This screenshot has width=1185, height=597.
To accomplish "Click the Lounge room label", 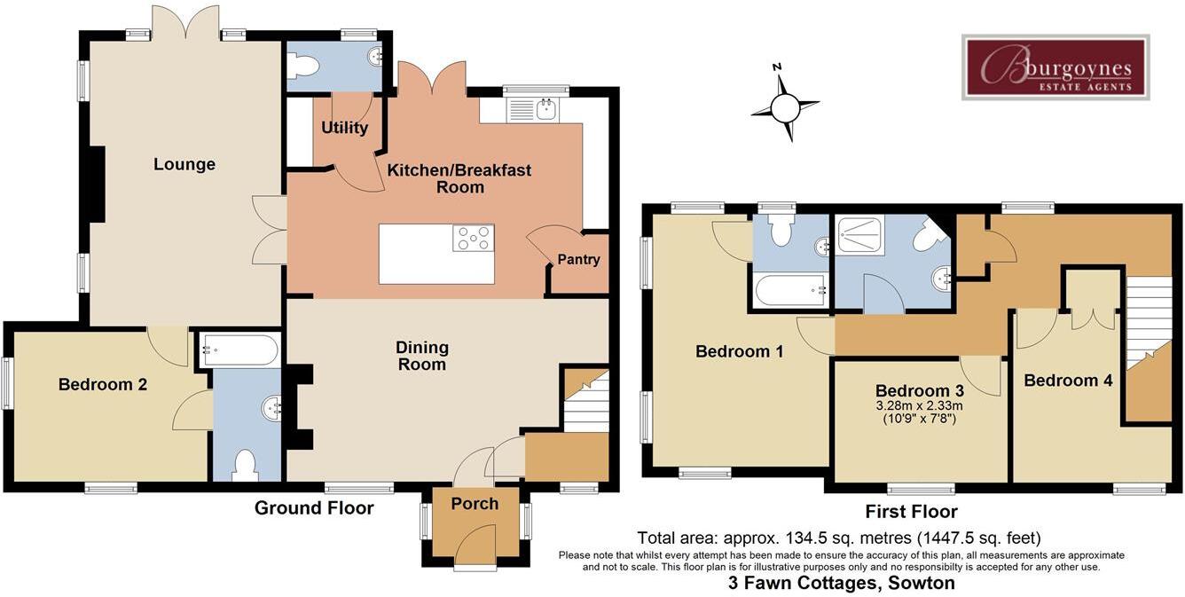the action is (x=184, y=164).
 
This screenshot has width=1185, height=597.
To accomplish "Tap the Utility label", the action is (x=344, y=128).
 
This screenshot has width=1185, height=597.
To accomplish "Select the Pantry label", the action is (x=578, y=259).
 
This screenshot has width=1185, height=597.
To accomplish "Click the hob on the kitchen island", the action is (x=474, y=238).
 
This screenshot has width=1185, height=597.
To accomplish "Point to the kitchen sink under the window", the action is (x=532, y=110).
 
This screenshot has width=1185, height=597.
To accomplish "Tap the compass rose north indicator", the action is (x=777, y=67).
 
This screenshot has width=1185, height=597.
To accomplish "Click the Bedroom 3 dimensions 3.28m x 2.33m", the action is (x=920, y=406).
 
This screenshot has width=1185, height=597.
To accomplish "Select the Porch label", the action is (x=475, y=503).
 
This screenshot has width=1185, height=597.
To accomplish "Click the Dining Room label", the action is (x=422, y=356).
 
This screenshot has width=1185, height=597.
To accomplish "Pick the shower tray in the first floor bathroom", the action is (x=860, y=235).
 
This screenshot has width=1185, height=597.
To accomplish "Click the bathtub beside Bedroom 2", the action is (x=239, y=350).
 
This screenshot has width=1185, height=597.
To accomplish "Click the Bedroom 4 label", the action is (x=1068, y=380).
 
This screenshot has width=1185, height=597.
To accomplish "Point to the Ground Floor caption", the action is (x=314, y=508).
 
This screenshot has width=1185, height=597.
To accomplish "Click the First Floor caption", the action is (x=911, y=512).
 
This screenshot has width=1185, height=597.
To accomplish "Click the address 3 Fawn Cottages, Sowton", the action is (x=842, y=583).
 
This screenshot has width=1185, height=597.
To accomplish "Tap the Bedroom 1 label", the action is (x=739, y=351).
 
